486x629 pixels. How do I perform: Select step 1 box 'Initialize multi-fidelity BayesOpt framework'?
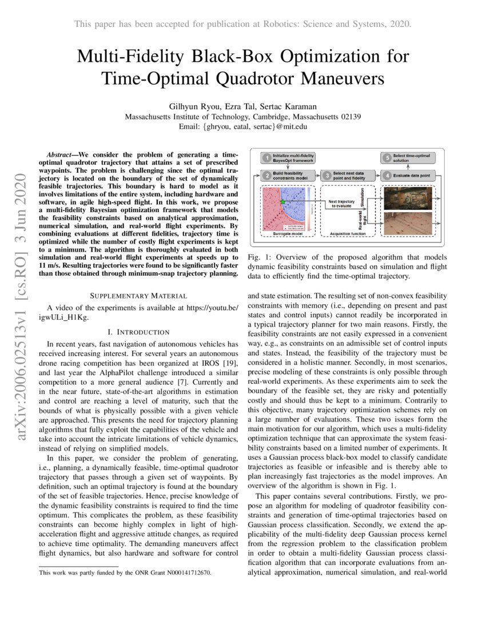pyautogui.click(x=290, y=158)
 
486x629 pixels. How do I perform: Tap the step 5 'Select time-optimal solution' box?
pyautogui.click(x=409, y=158)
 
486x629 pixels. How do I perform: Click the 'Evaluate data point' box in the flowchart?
pyautogui.click(x=409, y=175)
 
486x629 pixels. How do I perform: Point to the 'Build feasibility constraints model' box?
pyautogui.click(x=290, y=175)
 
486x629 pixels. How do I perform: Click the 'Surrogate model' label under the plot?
pyautogui.click(x=288, y=234)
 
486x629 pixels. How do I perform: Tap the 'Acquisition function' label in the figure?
pyautogui.click(x=347, y=234)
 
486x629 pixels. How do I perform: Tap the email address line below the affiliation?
pyautogui.click(x=243, y=126)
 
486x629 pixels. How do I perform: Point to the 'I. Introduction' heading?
pyautogui.click(x=138, y=332)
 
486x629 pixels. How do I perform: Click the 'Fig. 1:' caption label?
pyautogui.click(x=259, y=257)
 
